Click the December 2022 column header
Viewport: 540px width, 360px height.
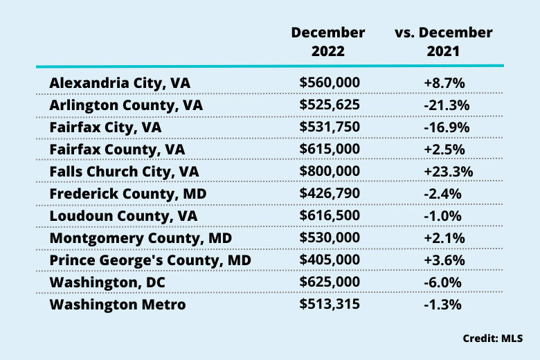328,42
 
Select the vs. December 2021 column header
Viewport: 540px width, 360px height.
443,42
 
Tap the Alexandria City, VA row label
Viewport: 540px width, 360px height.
120,83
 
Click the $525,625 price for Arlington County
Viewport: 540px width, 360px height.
330,105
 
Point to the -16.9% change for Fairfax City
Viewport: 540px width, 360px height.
443,127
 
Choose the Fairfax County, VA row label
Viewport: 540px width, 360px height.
118,150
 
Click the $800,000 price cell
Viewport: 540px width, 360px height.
330,172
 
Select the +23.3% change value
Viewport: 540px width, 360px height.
443,172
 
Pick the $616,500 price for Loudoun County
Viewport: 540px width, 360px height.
330,215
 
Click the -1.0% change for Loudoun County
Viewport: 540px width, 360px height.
443,215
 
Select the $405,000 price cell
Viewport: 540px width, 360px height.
330,260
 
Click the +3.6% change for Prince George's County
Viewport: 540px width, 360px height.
443,260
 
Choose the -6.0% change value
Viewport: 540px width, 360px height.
443,282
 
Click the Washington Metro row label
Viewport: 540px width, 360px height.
118,304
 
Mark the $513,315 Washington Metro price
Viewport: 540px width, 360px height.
330,304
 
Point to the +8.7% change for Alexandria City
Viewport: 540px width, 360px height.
443,83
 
